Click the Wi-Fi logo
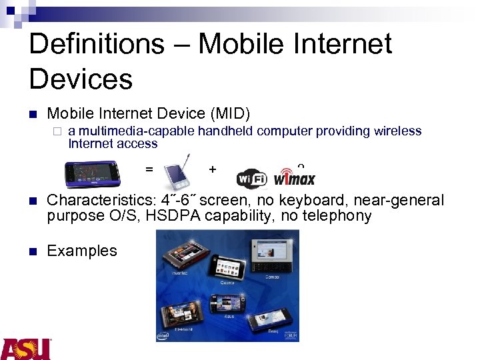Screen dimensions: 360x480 pos(252,179)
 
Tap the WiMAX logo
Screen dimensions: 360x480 pos(294,178)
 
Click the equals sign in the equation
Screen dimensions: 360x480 pos(149,169)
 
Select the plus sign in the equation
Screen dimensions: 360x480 pos(212,169)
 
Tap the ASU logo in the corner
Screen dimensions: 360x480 pos(26,349)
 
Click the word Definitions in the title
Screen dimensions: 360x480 pos(97,44)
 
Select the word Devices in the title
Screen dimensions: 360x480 pos(81,79)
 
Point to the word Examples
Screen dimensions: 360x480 pos(82,251)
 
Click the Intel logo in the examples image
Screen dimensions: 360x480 pos(163,336)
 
